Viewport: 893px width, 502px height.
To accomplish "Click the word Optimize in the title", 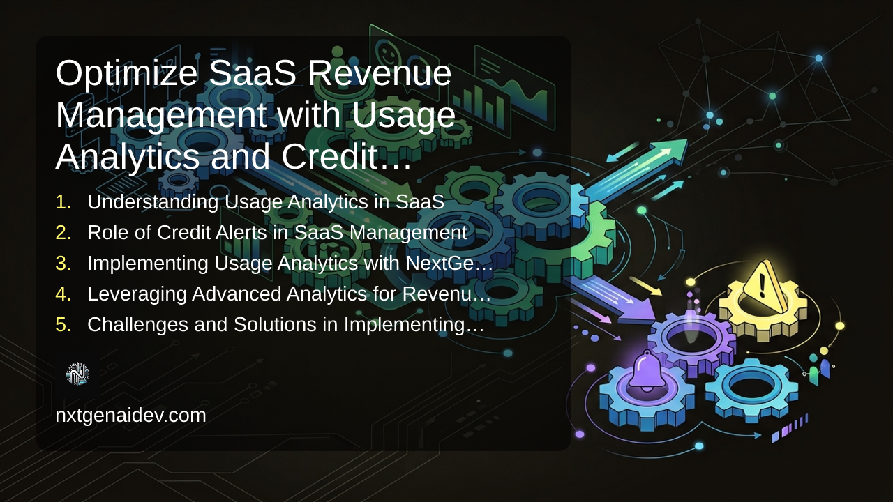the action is click(126, 75).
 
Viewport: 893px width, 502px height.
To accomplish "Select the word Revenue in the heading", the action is click(379, 73).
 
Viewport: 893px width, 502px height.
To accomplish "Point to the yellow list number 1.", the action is click(63, 202).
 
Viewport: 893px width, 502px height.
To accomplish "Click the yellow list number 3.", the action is click(63, 264).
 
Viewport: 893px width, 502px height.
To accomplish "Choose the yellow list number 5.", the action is click(63, 325).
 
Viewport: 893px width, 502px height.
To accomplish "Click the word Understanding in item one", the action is click(153, 202).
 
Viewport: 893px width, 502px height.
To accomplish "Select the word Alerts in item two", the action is click(241, 232).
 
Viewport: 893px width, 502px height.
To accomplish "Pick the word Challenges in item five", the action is click(137, 325).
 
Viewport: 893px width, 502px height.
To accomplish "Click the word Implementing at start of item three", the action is click(148, 264).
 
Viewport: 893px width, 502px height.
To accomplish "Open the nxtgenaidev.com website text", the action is click(130, 416).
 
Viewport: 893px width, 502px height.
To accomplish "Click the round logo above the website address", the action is click(77, 374).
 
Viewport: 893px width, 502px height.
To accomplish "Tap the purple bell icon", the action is click(646, 370).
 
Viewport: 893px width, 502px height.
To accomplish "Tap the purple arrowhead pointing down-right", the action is click(637, 311).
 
